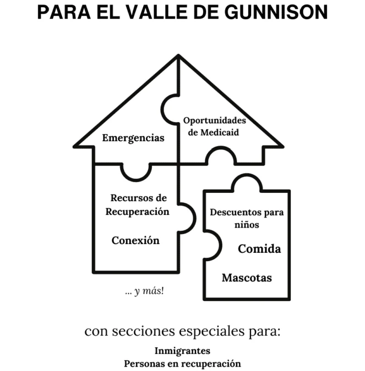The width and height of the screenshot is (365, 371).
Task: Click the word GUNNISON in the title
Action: [276, 12]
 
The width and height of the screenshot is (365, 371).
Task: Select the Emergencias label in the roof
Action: [133, 138]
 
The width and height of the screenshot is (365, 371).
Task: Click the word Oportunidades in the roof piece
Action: [215, 121]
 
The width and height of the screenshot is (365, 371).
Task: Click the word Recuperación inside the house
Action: [138, 212]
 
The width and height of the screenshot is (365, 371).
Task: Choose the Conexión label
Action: [135, 240]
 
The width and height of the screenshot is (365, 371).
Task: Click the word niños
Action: [247, 225]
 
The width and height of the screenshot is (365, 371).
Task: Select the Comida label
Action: [259, 248]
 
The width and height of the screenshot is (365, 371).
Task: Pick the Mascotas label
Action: [247, 278]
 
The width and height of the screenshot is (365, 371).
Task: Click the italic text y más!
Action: [149, 291]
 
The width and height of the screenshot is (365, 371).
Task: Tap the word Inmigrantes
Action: [183, 351]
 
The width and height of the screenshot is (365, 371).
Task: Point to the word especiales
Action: [211, 331]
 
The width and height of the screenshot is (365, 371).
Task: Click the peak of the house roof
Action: [178, 56]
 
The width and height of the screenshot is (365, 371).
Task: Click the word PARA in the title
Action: [64, 12]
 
